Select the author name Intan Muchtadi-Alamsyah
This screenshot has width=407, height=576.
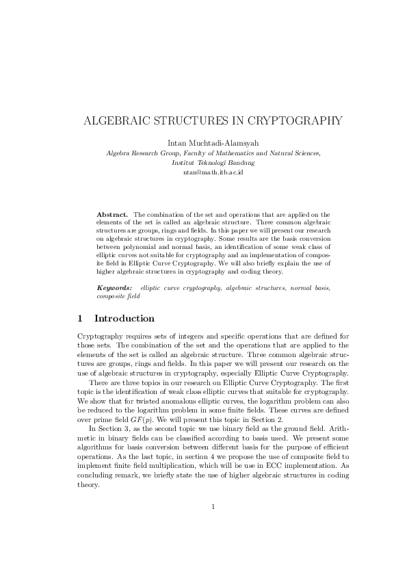203,143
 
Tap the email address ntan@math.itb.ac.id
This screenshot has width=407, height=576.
203,173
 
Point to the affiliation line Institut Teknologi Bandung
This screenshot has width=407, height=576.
203,163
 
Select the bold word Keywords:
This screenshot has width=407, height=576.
115,288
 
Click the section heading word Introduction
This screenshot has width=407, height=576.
124,319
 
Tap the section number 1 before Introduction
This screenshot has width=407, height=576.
81,319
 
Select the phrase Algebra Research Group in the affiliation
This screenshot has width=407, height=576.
141,154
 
